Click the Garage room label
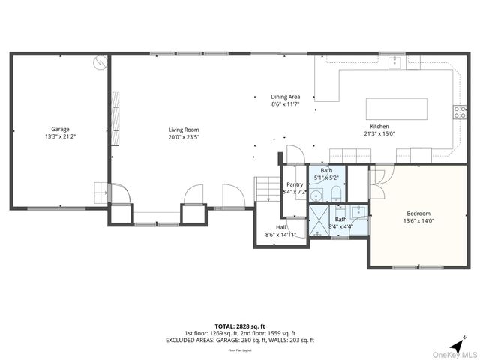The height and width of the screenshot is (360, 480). tap(60, 129)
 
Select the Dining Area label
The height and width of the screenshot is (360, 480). tap(286, 97)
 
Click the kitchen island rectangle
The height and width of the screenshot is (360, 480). tap(396, 109)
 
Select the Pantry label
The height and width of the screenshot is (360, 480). tap(295, 184)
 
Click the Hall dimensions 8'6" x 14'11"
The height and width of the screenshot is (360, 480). tap(281, 235)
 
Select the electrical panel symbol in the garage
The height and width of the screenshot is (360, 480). tap(98, 64)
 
